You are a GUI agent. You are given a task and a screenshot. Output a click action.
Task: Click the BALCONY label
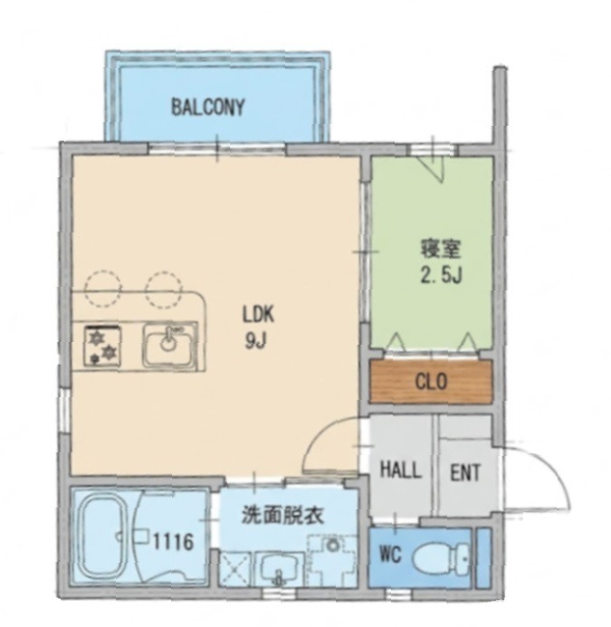208,108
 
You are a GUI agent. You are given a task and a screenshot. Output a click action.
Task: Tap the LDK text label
257,317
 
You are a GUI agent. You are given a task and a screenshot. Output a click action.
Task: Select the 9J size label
257,342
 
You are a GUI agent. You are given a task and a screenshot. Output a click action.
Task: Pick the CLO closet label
432,381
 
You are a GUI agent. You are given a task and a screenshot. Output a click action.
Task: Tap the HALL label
400,471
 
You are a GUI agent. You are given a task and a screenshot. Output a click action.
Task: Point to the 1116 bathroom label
172,543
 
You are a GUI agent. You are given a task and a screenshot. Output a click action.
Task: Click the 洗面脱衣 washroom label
282,518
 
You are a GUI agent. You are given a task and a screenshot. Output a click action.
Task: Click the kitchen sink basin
168,345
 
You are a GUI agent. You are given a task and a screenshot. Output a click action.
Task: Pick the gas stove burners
101,345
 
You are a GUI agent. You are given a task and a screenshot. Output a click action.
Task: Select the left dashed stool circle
100,286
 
